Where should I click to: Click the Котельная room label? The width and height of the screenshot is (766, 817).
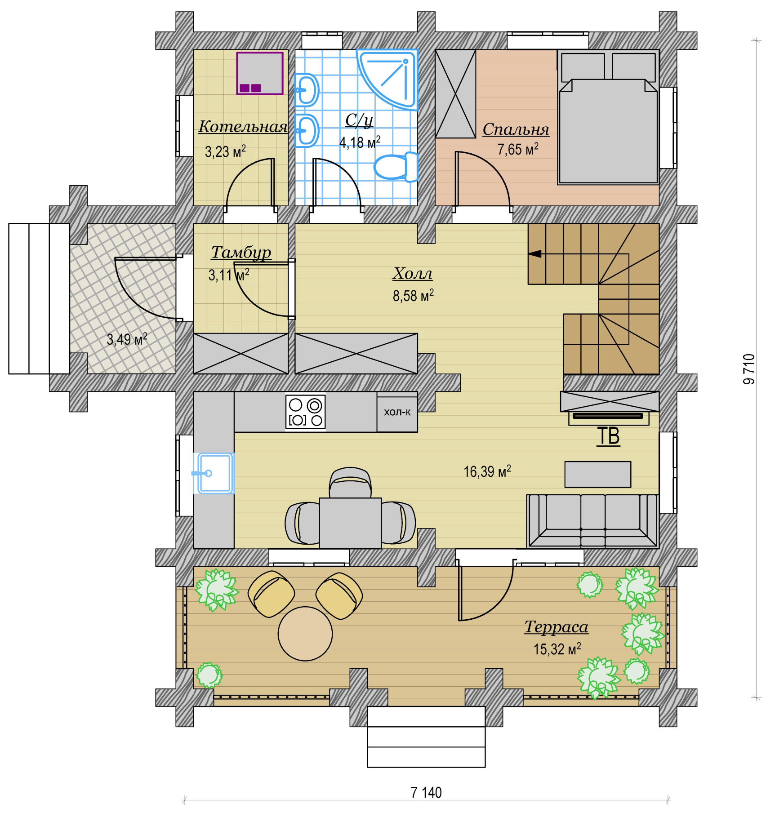click(x=243, y=127)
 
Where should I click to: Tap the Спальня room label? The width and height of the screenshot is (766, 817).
click(x=516, y=129)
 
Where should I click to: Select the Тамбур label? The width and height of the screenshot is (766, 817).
click(x=241, y=253)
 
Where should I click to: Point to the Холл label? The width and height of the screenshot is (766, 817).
click(x=413, y=273)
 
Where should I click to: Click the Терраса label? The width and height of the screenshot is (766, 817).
click(x=557, y=627)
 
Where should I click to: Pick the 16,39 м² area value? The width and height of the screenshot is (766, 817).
click(x=487, y=471)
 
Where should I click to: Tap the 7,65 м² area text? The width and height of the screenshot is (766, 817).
click(x=518, y=149)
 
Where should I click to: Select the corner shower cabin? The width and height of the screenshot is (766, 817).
click(x=387, y=79)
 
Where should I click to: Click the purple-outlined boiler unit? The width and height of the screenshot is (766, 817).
click(x=260, y=73)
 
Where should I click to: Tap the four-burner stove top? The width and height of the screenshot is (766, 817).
click(x=306, y=412)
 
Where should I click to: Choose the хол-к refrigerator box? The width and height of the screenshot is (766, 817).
click(x=397, y=412)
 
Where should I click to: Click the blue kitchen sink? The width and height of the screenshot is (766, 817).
click(x=214, y=473)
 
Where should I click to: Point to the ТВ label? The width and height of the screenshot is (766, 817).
click(x=608, y=436)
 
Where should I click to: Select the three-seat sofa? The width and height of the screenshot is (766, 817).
click(x=592, y=521)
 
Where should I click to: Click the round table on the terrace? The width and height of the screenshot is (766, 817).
click(x=305, y=634)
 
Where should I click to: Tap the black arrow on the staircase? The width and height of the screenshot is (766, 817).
click(x=534, y=254)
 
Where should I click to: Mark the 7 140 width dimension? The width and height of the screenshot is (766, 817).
click(x=426, y=793)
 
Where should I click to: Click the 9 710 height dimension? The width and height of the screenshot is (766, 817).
click(x=748, y=369)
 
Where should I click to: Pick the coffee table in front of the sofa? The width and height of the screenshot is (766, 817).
click(x=598, y=474)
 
